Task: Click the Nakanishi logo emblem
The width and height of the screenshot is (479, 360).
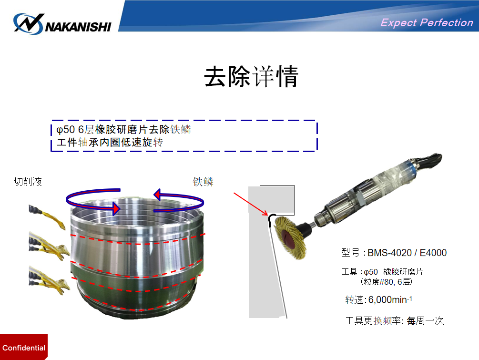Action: tap(29, 23)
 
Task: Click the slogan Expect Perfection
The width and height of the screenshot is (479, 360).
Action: tap(427, 22)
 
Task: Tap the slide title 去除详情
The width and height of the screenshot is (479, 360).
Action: tap(251, 76)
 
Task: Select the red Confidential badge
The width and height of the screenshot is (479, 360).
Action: tap(24, 347)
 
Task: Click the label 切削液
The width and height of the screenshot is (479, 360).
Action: tap(28, 182)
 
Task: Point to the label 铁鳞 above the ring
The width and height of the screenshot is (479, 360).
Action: tap(203, 182)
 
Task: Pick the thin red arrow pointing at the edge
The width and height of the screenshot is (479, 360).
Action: tap(251, 204)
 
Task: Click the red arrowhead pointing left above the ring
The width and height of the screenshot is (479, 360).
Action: tap(157, 195)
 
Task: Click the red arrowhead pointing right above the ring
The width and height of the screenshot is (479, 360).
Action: tap(116, 208)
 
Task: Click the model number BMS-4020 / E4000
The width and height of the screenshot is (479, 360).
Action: tap(407, 253)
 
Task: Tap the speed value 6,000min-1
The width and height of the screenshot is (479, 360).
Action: tap(390, 299)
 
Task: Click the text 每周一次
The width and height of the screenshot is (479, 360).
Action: tap(425, 320)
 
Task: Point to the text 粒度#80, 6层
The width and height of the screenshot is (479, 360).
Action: tap(387, 281)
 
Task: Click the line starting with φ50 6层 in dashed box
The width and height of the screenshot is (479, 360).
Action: tap(124, 130)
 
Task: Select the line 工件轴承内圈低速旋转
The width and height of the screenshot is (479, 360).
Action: tap(110, 142)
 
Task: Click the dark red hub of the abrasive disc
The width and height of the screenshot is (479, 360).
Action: tap(288, 238)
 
